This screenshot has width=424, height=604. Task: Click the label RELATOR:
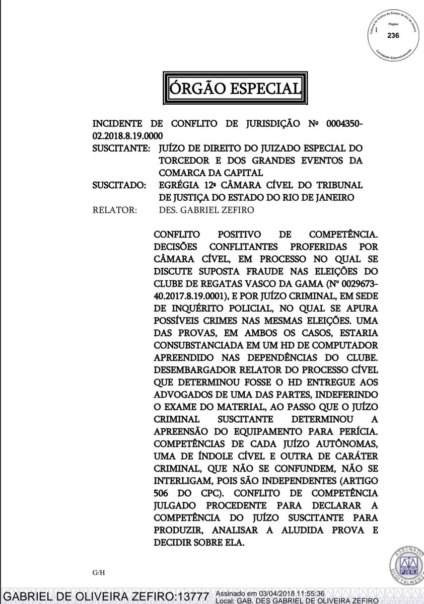pos(114,210)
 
